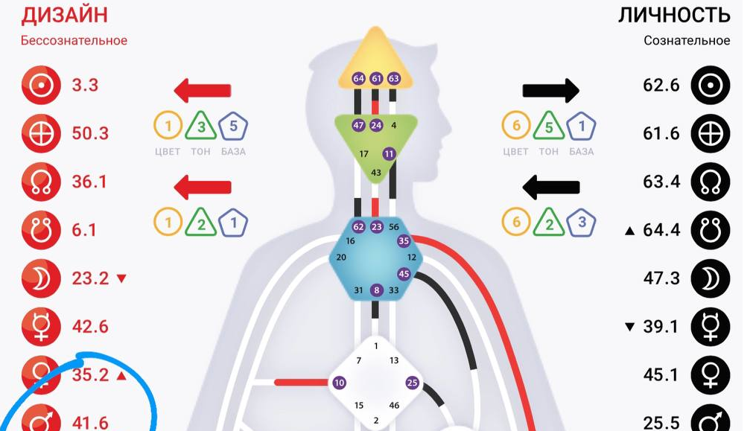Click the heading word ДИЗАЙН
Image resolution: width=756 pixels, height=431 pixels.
click(64, 14)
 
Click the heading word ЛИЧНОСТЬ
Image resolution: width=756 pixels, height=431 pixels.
click(674, 14)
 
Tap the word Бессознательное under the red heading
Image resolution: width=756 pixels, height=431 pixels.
click(74, 40)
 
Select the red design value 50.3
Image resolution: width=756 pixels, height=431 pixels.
click(90, 133)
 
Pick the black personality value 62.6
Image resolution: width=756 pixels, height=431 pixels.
click(661, 86)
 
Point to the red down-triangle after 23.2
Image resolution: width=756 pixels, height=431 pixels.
click(122, 278)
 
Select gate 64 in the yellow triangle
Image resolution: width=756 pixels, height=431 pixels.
click(358, 78)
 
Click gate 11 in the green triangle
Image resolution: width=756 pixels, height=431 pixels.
click(389, 154)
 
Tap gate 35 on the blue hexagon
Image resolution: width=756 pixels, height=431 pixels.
click(404, 240)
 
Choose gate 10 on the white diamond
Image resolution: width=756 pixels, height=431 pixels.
click(340, 383)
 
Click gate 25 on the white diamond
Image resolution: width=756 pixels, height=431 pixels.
click(412, 383)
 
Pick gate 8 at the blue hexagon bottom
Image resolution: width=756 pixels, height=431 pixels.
click(377, 290)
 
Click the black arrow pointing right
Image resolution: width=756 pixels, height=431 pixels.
click(550, 91)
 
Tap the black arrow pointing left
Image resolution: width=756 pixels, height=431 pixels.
click(551, 187)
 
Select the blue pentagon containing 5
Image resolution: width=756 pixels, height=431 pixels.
click(233, 126)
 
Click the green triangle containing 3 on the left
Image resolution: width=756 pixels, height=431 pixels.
click(201, 127)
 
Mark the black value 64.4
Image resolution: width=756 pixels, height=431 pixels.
click(661, 230)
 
